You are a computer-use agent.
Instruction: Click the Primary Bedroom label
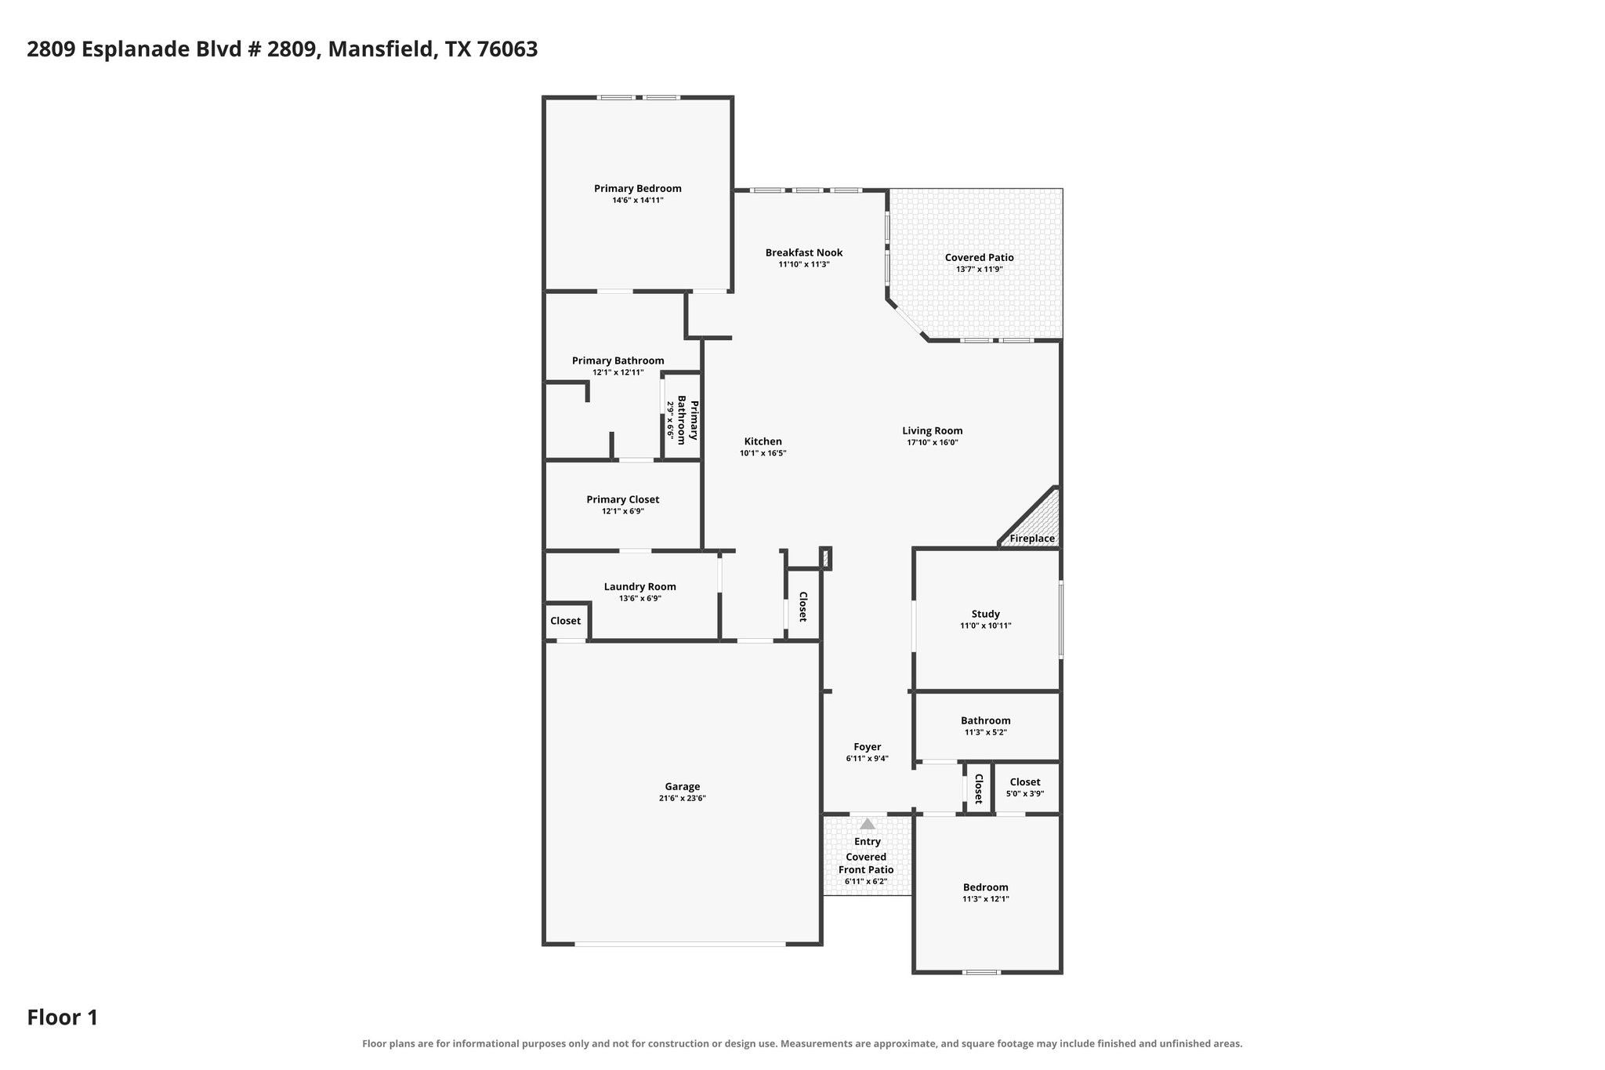(637, 188)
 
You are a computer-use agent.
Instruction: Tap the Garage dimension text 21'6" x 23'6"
(683, 799)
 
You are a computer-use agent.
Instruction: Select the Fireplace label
(1032, 539)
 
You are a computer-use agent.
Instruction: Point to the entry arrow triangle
(868, 824)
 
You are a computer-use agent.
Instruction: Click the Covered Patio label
(979, 257)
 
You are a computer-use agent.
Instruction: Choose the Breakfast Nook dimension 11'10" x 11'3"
(804, 265)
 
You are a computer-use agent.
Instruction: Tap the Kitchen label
(763, 441)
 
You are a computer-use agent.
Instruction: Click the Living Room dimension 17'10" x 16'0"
(933, 442)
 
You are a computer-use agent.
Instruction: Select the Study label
(986, 614)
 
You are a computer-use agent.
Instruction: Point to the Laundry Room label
(639, 586)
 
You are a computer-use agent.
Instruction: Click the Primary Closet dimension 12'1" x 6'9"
(623, 511)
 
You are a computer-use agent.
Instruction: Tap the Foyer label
(868, 747)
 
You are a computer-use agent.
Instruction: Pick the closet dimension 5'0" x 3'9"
(1025, 794)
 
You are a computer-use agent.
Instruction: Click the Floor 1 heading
(63, 1017)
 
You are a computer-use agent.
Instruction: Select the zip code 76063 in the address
(507, 49)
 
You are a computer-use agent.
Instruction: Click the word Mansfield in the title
(380, 49)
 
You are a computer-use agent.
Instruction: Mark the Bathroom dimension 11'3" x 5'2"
(986, 732)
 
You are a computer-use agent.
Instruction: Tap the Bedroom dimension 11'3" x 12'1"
(986, 899)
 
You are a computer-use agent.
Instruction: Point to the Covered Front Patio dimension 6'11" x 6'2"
(866, 881)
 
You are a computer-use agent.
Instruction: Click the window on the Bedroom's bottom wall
(981, 972)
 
